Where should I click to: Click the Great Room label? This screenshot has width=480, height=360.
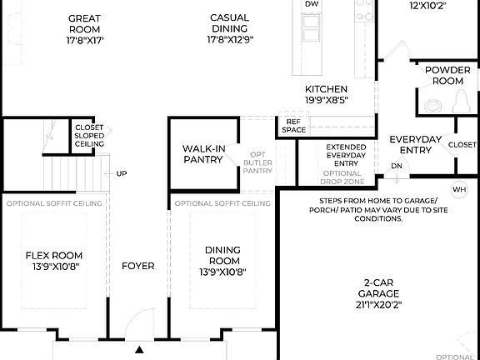[x=85, y=24]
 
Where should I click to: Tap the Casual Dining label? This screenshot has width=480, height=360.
[x=229, y=24]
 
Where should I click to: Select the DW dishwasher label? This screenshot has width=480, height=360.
[x=312, y=4]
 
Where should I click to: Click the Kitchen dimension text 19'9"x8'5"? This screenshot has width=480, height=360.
[x=326, y=101]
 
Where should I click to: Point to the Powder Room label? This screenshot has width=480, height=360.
[x=447, y=76]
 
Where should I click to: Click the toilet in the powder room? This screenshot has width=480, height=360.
[x=432, y=104]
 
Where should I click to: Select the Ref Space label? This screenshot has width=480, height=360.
[x=293, y=126]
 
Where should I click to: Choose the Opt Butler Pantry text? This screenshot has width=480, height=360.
[x=257, y=162]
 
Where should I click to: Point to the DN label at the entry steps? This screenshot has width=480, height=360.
[x=396, y=167]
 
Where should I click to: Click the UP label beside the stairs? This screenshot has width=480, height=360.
[x=122, y=174]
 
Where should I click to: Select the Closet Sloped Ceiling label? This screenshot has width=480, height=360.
[x=89, y=136]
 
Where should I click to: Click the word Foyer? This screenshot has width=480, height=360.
[x=137, y=267]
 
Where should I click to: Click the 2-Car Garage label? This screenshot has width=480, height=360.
[x=379, y=287]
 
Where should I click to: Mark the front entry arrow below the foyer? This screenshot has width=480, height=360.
[x=140, y=349]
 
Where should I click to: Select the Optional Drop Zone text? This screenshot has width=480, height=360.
[x=342, y=177]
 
